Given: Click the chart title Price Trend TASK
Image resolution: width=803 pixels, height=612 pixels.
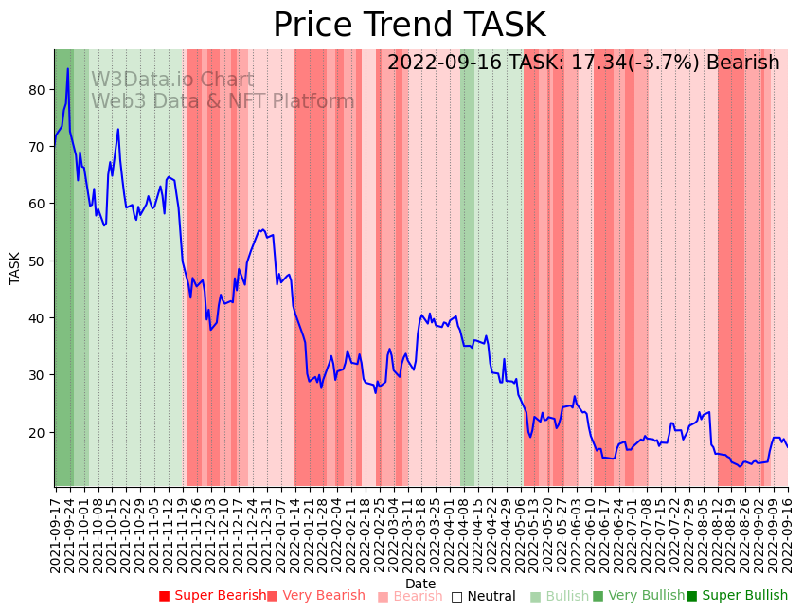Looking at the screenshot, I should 409,26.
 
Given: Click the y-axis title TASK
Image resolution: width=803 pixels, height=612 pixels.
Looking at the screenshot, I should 15,268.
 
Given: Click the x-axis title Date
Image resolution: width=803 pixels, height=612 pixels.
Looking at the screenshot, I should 420,584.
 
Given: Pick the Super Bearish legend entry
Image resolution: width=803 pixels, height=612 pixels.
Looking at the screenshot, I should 212,596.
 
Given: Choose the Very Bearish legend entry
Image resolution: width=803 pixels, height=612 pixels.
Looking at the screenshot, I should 315,596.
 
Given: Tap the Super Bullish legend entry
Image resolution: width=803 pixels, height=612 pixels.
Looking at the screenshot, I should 737,596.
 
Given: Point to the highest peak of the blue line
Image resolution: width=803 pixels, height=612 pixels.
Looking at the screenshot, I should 67,68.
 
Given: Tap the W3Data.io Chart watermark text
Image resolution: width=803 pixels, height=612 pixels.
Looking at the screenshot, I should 172,81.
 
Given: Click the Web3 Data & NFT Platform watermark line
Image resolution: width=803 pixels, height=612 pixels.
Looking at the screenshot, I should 223,101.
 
